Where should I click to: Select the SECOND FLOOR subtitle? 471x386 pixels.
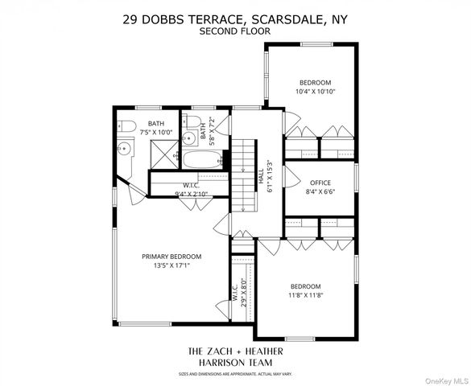tap(235, 32)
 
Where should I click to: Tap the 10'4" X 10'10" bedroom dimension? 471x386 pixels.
tap(315, 92)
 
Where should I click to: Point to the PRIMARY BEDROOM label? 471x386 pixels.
tap(171, 257)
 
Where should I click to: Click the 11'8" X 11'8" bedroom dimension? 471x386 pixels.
tap(305, 294)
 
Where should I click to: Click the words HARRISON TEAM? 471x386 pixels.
tap(235, 363)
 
